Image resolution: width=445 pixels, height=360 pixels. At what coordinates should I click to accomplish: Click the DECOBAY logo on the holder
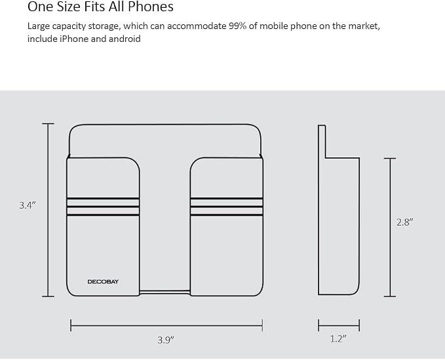coord(103,282)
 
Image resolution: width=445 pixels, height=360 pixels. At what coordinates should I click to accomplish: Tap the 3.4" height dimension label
coord(28,205)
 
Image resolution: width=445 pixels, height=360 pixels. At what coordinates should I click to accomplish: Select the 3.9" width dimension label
coord(166,340)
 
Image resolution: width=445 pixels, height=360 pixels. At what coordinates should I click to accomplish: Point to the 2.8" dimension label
coord(405,222)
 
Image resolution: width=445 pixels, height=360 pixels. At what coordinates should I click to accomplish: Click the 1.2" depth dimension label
coord(338,339)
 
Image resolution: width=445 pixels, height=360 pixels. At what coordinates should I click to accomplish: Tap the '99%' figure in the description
coord(237,26)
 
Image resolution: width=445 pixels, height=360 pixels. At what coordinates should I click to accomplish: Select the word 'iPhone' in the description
coord(74,39)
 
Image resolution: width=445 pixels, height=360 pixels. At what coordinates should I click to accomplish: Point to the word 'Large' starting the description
coord(39,26)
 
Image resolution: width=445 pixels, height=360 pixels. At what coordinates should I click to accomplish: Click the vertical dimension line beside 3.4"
coord(48,210)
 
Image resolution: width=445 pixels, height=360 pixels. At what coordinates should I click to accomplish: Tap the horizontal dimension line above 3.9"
coord(166,325)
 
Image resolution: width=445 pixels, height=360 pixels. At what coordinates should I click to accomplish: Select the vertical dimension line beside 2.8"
coord(390,227)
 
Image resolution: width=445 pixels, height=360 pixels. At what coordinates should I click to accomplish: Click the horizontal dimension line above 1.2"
coord(339,325)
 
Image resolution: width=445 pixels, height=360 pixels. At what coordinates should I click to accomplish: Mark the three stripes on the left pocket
coord(103,207)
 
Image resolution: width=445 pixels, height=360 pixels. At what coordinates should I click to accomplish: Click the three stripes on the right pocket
coord(227,207)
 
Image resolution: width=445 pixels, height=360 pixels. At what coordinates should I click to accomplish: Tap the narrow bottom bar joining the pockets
coord(164,292)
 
